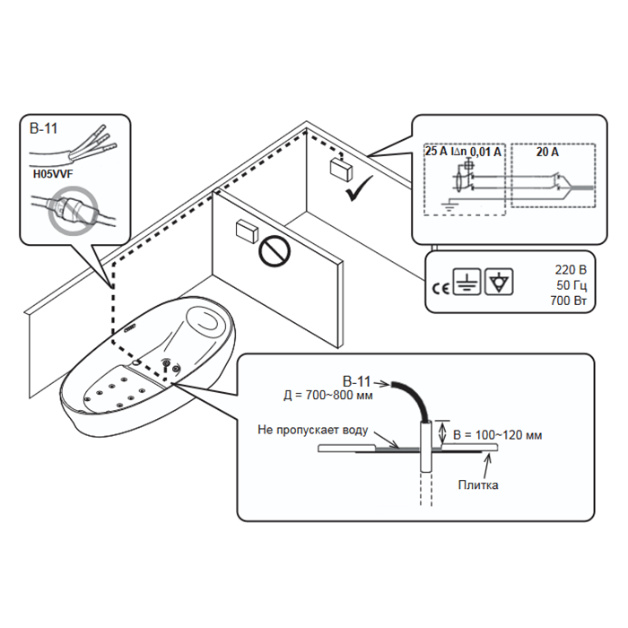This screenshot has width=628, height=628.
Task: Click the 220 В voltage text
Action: click(570, 268)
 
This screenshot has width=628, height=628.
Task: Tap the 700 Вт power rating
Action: click(567, 301)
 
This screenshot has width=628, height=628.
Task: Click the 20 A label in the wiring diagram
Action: click(547, 153)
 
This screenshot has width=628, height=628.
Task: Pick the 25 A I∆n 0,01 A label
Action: click(463, 153)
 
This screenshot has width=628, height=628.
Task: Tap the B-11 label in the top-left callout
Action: click(44, 128)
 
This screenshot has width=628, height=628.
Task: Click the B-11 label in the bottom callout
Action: click(358, 379)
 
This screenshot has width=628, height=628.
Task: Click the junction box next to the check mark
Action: click(340, 167)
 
